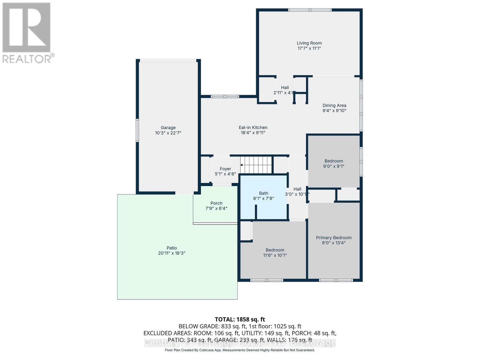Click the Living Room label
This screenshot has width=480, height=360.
pos(309,43)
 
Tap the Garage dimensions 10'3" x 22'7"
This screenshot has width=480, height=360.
pos(168,133)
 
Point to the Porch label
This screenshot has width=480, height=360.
pos(216,203)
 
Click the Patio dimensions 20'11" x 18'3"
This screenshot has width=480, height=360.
pos(172,253)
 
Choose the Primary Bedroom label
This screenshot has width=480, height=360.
pos(334,238)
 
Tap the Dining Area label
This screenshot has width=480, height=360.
pos(334,105)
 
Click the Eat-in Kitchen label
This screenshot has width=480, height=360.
pos(253,127)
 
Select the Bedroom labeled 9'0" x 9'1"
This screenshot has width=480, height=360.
pos(334,163)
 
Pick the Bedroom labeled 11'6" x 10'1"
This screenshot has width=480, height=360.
pos(275,253)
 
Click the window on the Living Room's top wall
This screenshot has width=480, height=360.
pos(310,10)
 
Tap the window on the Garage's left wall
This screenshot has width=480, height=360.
pos(137,130)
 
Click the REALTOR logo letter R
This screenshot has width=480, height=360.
pos(26,28)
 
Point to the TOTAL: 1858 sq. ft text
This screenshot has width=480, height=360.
pos(240,319)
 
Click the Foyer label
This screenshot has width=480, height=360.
pos(225,169)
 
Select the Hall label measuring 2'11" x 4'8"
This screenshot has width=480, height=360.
pos(285,88)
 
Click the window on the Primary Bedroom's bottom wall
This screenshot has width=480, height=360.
pos(336,280)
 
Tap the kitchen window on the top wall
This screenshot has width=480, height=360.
pos(225,96)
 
